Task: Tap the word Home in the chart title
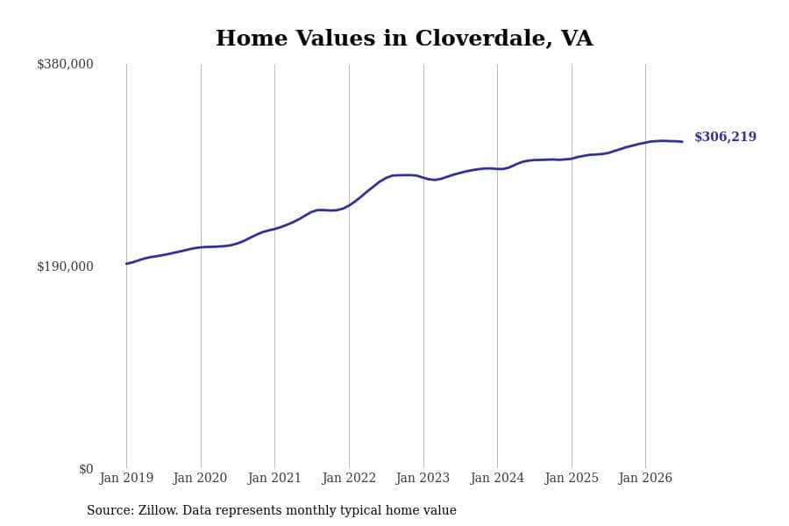click(252, 39)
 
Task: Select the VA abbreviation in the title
click(577, 39)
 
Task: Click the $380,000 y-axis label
click(65, 64)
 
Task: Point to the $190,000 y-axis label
click(65, 267)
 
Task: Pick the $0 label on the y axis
click(86, 469)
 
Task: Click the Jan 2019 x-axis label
click(126, 478)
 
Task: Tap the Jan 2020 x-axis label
click(200, 478)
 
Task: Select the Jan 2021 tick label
click(274, 478)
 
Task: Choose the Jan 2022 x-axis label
click(349, 478)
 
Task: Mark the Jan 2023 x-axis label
click(423, 478)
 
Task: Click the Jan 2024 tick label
click(497, 478)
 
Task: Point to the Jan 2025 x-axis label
click(572, 478)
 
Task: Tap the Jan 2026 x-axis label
click(645, 478)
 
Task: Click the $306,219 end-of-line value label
click(725, 137)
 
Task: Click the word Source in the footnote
click(110, 510)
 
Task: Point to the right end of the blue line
click(682, 141)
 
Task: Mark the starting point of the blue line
click(126, 264)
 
